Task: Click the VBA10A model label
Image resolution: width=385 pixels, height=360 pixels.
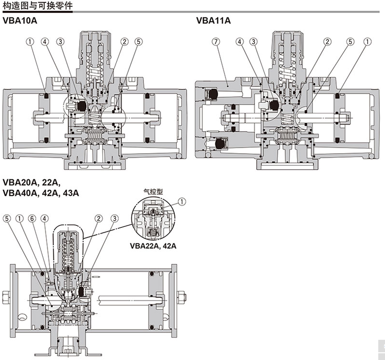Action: pyautogui.click(x=20, y=21)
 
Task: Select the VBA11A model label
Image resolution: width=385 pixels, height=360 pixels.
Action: pyautogui.click(x=213, y=21)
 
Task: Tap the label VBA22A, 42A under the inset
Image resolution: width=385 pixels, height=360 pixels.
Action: pyautogui.click(x=153, y=246)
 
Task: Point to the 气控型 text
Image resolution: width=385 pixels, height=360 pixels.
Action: pyautogui.click(x=153, y=191)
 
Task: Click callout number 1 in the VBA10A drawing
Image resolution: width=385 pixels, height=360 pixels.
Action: pyautogui.click(x=30, y=42)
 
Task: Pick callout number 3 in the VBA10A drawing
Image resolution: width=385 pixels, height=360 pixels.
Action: pyautogui.click(x=60, y=42)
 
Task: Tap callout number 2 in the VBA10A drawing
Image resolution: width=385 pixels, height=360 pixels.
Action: pyautogui.click(x=124, y=42)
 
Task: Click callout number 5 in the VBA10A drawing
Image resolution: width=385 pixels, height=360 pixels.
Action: pyautogui.click(x=138, y=42)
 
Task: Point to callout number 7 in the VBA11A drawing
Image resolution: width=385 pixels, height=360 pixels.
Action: pyautogui.click(x=216, y=42)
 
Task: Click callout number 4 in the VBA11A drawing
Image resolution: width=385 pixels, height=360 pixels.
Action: pyautogui.click(x=239, y=42)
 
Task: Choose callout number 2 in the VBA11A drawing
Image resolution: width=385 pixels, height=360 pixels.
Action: pyautogui.click(x=327, y=42)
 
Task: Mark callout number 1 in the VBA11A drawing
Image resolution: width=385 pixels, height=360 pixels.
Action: pyautogui.click(x=367, y=42)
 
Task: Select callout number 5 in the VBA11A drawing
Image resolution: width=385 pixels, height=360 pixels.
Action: pyautogui.click(x=350, y=42)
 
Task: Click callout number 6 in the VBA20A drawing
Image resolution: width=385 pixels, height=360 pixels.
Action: pyautogui.click(x=32, y=218)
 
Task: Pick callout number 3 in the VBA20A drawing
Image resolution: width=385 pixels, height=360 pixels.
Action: pyautogui.click(x=114, y=218)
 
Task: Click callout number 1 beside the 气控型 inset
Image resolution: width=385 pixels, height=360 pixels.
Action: pyautogui.click(x=181, y=202)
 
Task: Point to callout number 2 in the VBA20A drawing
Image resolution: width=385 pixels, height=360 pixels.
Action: pyautogui.click(x=99, y=218)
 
